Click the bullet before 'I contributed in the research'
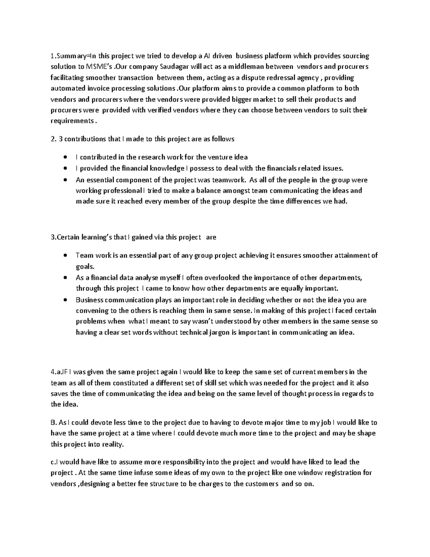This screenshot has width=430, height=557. pyautogui.click(x=65, y=157)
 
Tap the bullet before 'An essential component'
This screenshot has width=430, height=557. pyautogui.click(x=65, y=180)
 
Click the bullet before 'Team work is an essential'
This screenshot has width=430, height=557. pyautogui.click(x=65, y=255)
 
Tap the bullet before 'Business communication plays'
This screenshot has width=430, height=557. pyautogui.click(x=65, y=300)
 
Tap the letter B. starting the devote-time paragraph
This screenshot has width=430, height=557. pyautogui.click(x=53, y=423)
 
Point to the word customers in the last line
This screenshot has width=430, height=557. pyautogui.click(x=261, y=484)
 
